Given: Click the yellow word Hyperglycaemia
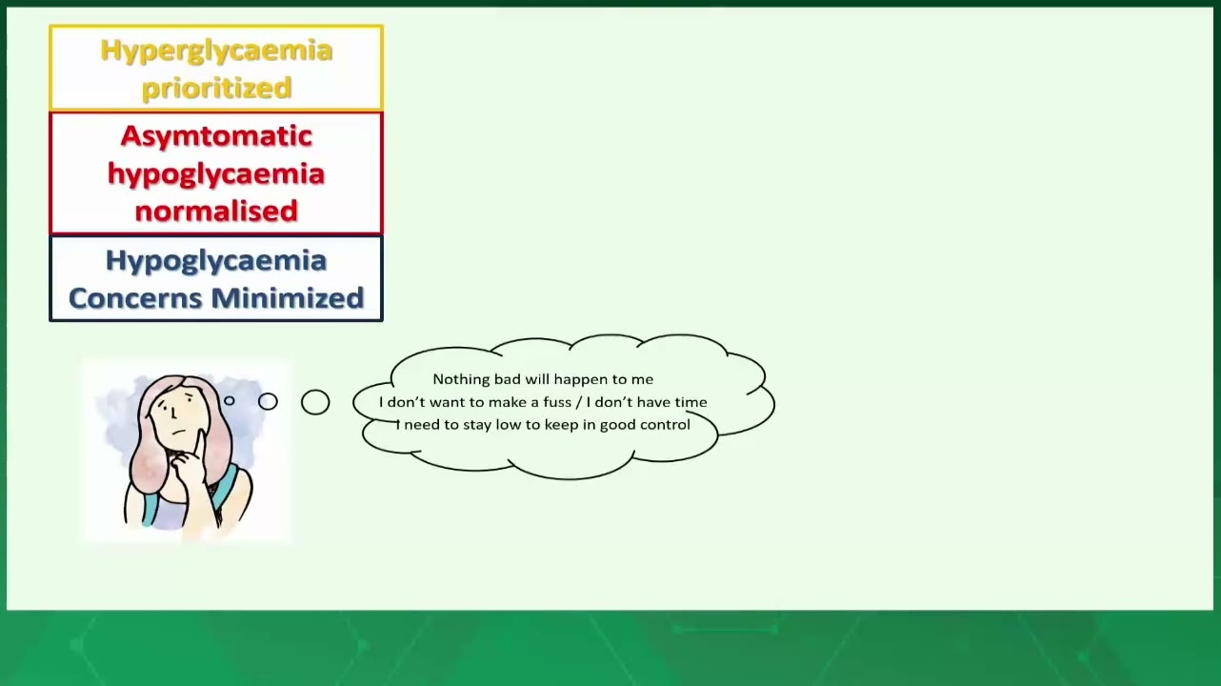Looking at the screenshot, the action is (216, 51).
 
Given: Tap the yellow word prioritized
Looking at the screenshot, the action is (217, 89).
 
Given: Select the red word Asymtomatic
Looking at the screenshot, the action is (216, 136).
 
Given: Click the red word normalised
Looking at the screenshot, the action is (216, 211).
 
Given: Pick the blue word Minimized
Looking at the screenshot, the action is (288, 298).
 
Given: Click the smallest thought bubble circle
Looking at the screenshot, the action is (230, 401).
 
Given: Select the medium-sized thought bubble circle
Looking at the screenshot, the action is (268, 402).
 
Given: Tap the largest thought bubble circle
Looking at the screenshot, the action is (315, 402).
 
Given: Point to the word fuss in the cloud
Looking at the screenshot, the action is (556, 402).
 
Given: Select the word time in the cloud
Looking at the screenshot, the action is (691, 402).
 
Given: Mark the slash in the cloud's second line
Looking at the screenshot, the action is (578, 402).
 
